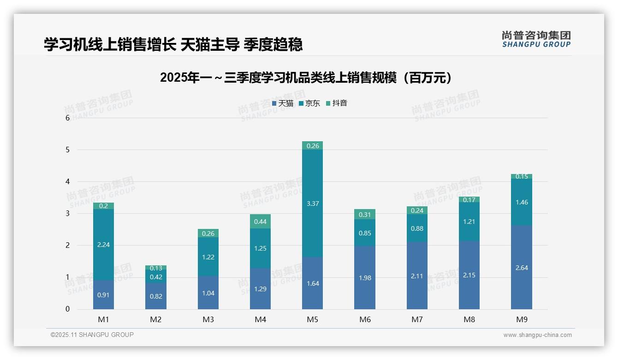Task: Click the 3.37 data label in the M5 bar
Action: point(312,204)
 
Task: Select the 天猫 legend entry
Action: point(283,103)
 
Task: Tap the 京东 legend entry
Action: point(309,103)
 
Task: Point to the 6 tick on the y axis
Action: point(67,118)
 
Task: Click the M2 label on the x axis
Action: point(156,319)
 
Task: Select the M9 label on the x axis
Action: point(521,319)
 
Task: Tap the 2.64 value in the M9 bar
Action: point(521,268)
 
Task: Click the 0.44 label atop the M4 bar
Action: point(260,222)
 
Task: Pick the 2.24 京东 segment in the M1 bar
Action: point(103,245)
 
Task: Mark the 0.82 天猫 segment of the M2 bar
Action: point(156,296)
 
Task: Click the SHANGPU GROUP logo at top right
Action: point(536,39)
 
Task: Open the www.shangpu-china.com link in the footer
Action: point(537,335)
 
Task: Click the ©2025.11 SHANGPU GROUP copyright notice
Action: point(92,335)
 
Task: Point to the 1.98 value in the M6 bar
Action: point(365,278)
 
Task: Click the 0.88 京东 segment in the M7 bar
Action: point(417,228)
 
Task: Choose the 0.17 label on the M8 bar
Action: point(469,200)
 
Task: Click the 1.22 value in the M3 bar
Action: point(208,257)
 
